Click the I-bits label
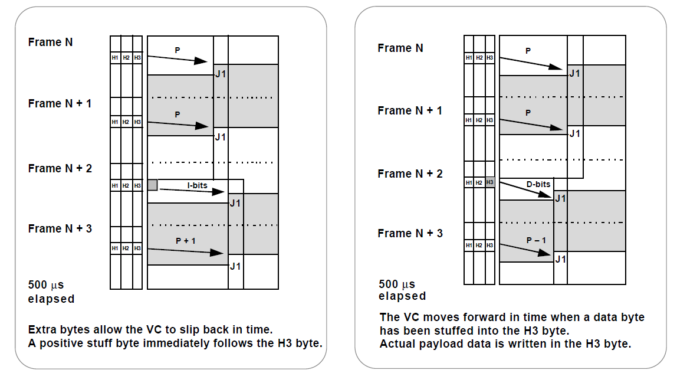coord(198,185)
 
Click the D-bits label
coord(538,184)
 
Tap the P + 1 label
coord(186,241)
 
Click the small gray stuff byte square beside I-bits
coord(152,185)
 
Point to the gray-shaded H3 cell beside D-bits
coord(490,182)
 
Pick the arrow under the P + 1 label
coord(186,251)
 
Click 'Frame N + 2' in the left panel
coord(60,169)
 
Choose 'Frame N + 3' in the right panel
coord(410,233)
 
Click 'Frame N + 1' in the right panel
coord(410,111)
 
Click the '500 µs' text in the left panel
coord(45,285)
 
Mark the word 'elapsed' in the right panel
coord(402,296)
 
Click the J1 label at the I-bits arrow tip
coord(235,204)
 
